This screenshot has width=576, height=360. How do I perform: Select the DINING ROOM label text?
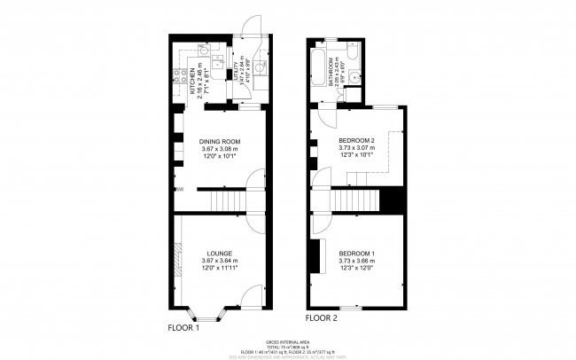click(x=221, y=142)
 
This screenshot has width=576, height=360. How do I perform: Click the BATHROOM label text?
click(x=330, y=68)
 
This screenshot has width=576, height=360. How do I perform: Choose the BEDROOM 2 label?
click(x=357, y=141)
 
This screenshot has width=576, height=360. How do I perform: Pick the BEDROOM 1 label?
click(x=356, y=254)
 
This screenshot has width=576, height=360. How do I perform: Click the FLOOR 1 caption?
click(x=183, y=327)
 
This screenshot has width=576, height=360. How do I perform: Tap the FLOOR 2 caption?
click(x=322, y=317)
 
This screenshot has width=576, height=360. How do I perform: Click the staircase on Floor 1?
click(x=226, y=203)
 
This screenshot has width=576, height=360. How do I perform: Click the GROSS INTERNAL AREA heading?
click(x=287, y=341)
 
